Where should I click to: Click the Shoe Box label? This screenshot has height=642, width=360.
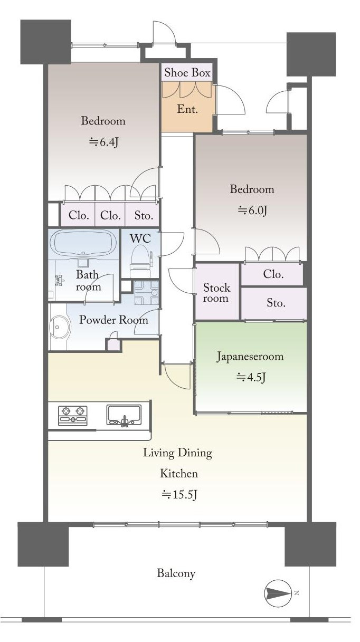tap(187, 72)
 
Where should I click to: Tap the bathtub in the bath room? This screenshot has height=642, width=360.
tap(83, 243)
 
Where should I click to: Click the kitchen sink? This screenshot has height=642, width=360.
tap(124, 415)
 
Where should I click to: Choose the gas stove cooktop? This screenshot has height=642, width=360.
tap(73, 416)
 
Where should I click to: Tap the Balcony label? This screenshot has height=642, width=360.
tap(176, 573)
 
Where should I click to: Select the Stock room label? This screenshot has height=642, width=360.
tap(216, 293)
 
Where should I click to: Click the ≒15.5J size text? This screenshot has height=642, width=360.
tap(179, 494)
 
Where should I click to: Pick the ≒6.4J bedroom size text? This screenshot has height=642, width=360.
tap(103, 142)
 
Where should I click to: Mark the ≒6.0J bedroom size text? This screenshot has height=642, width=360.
tap(252, 210)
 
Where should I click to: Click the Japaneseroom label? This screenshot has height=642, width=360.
tap(250, 357)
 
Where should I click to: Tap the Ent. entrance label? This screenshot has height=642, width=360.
tap(187, 109)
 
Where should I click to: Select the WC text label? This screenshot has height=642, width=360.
tap(140, 238)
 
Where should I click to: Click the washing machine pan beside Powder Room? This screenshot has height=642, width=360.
tap(146, 293)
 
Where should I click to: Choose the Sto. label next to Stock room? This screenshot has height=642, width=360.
tap(276, 303)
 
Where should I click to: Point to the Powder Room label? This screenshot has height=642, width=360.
tap(113, 320)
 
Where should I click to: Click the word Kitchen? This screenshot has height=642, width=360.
tap(179, 473)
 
